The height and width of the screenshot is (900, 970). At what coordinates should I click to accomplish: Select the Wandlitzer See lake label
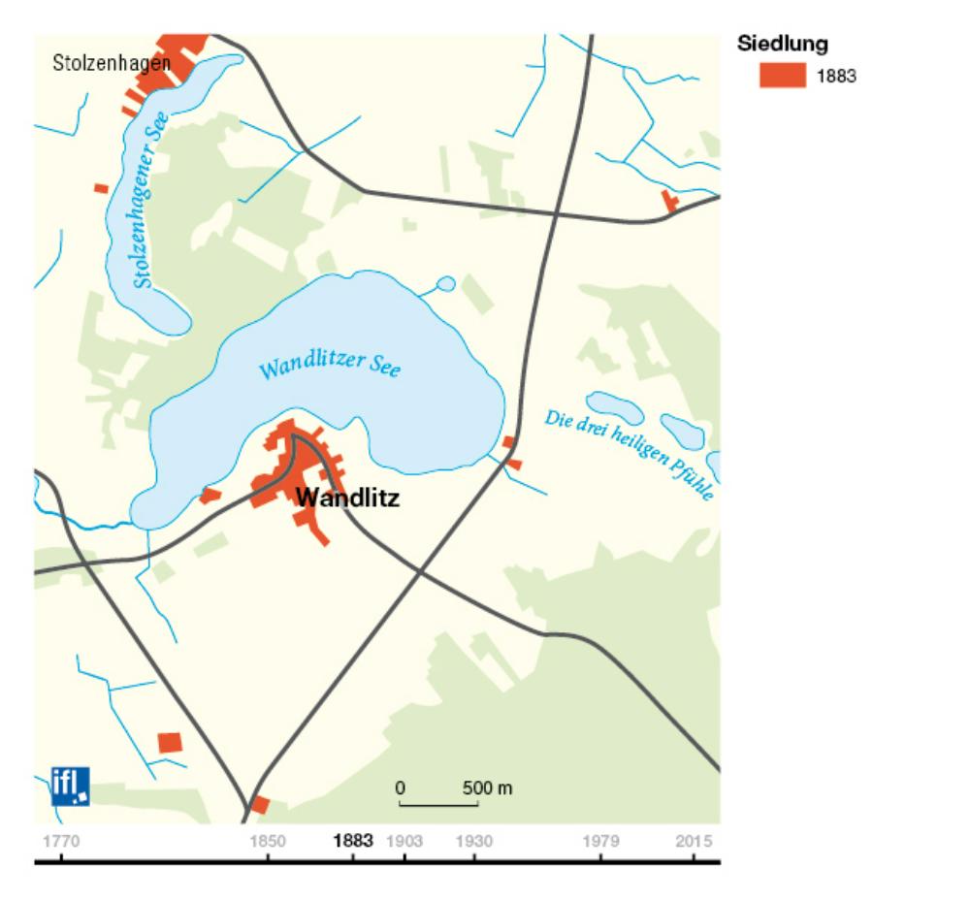[330, 367]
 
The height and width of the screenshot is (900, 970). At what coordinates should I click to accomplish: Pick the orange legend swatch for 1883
[782, 76]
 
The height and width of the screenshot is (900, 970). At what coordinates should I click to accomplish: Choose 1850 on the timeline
[268, 840]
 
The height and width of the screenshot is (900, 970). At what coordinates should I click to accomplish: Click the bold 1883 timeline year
[352, 840]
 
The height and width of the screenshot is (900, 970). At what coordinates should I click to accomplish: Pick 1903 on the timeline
[404, 840]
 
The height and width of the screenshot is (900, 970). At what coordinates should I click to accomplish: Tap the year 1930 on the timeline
[473, 840]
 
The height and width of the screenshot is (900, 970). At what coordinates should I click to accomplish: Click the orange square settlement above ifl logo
[170, 742]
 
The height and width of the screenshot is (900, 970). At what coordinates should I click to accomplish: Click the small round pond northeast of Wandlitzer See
[445, 284]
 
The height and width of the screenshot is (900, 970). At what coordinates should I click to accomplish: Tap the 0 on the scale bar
[399, 787]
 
